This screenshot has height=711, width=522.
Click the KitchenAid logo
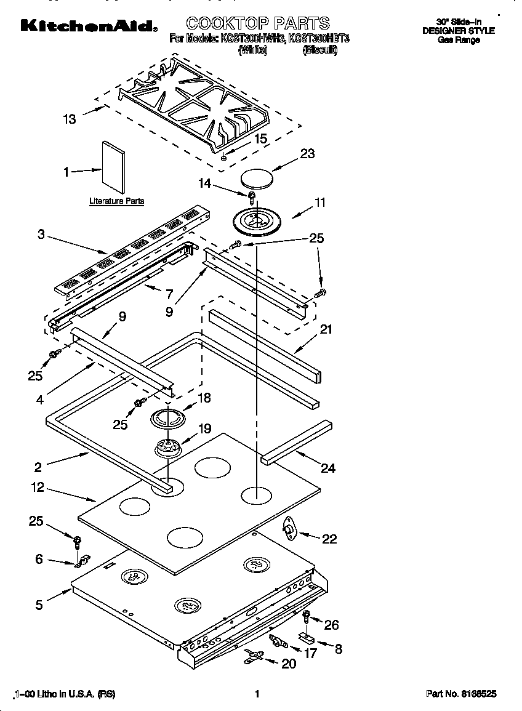point(88,25)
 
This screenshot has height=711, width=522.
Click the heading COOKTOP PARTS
point(258,23)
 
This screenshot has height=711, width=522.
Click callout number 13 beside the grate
point(70,119)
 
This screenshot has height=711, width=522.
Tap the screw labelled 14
point(252,197)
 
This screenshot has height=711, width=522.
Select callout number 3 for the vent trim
point(41,234)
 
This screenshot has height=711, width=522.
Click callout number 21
point(326,329)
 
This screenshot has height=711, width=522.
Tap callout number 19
point(204,428)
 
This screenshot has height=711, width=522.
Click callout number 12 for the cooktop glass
point(38,488)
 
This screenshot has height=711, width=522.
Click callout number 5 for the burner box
point(39,605)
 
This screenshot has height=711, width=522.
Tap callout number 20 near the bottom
point(288,664)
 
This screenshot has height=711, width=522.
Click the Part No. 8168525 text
point(461,694)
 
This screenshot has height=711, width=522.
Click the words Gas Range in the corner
point(458,40)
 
